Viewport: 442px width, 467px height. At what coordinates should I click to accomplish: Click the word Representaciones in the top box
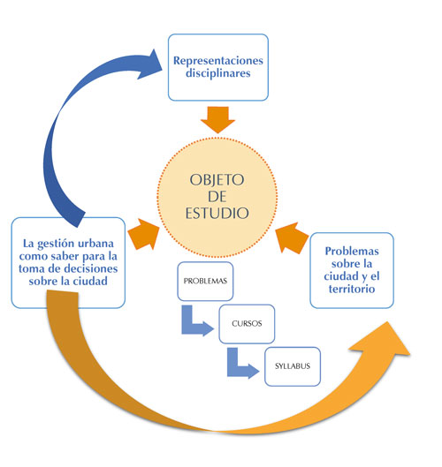[218, 61]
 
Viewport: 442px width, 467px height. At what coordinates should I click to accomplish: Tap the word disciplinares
[218, 73]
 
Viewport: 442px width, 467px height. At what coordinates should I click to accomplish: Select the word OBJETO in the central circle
[217, 180]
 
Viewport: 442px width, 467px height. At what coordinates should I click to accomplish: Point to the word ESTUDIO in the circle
[217, 214]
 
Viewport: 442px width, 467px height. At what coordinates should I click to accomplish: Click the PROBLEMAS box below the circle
[205, 281]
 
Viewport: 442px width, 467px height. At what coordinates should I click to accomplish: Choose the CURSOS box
[247, 324]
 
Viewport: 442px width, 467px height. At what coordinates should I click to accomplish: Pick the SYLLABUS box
[293, 366]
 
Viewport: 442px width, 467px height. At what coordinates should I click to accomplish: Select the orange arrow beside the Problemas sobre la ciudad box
[292, 238]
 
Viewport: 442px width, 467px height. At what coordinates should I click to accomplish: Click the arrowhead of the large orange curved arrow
[385, 340]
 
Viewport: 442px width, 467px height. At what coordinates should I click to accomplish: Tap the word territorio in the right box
[352, 289]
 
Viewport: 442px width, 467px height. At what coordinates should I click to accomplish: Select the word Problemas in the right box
[352, 251]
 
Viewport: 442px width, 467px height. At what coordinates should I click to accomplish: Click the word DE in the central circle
[217, 197]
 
